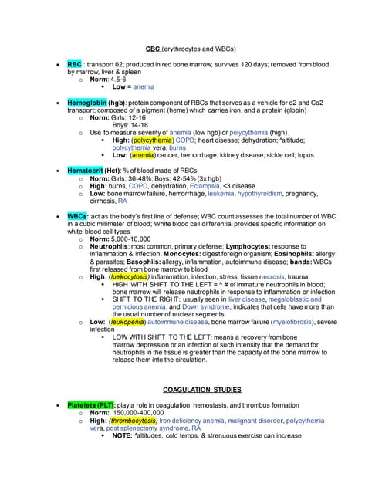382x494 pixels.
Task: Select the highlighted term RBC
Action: [x=75, y=64]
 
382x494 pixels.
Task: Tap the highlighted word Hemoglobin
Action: [x=86, y=102]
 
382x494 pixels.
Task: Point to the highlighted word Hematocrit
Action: [x=85, y=169]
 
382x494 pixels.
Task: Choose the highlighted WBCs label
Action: [x=77, y=216]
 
